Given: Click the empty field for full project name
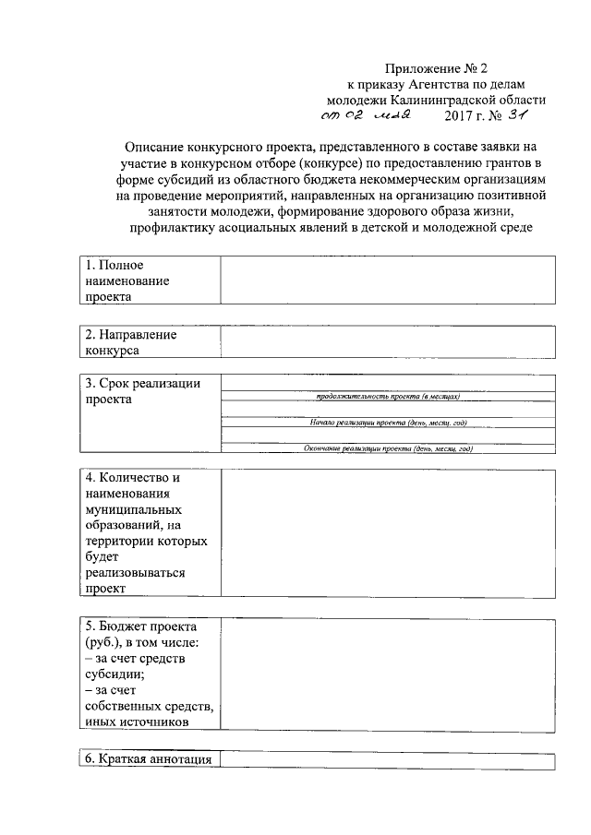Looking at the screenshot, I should point(387,280).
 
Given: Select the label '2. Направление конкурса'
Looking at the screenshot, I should point(130,342).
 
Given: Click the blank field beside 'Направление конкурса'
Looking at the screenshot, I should point(387,342).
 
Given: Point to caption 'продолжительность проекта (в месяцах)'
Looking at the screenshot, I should point(387,397).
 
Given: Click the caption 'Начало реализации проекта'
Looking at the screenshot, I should point(387,423).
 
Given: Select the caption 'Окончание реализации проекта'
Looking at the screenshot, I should point(387,448).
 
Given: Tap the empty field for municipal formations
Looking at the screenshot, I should point(387,533).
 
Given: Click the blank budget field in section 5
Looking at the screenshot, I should point(387,673).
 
